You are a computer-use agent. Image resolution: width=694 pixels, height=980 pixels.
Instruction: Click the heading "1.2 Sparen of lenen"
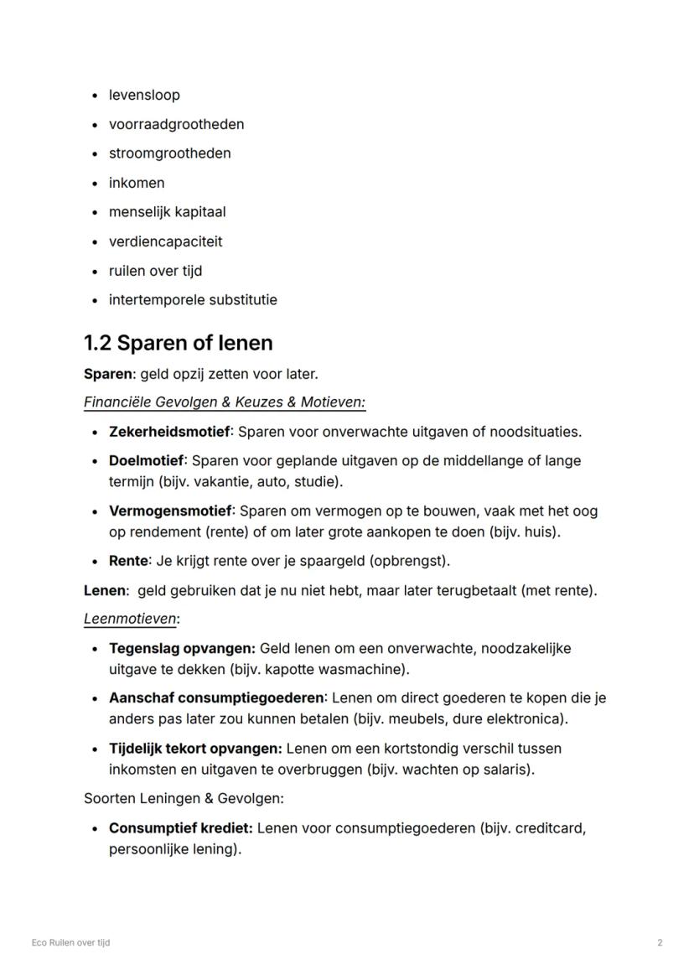178,343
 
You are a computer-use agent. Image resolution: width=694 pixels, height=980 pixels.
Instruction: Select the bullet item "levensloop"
144,95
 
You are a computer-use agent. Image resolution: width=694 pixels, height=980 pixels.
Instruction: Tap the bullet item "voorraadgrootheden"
176,124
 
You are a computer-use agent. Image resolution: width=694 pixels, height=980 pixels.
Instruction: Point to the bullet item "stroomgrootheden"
169,153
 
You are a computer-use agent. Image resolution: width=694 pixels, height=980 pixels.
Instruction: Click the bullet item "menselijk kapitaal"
167,212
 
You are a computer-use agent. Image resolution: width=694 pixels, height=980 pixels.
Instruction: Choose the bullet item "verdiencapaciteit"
165,241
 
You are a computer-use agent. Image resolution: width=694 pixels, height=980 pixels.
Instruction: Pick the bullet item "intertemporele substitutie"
193,300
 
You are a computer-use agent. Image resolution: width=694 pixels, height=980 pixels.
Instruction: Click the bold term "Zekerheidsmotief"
169,432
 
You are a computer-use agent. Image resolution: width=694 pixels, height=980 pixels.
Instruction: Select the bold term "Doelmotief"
146,460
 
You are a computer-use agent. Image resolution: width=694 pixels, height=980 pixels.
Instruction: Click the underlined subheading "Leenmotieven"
130,619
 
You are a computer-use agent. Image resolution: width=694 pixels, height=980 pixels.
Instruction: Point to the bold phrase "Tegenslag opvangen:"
182,648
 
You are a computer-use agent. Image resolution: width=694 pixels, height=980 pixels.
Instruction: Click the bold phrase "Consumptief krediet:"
180,828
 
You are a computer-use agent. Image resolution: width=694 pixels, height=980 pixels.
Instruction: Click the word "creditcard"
548,828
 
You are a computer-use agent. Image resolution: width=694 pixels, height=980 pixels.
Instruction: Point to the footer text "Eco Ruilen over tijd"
70,942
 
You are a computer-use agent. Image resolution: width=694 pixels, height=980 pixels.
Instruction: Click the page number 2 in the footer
660,942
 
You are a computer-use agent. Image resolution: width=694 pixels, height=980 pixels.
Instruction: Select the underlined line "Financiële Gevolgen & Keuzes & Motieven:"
225,402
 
